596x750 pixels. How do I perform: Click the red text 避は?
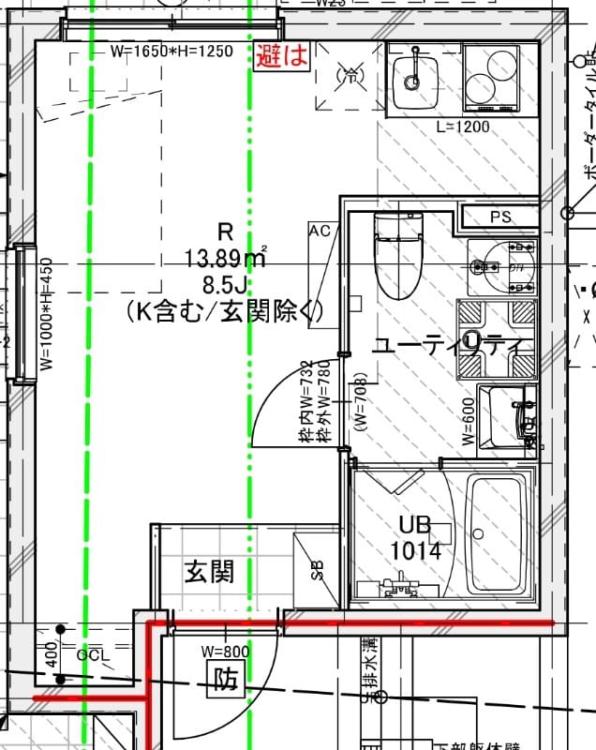pos(282,55)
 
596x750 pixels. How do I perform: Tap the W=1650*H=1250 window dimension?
pos(171,52)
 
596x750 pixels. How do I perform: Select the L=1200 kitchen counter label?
pos(463,127)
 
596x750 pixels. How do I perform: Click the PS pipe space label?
pos(500,217)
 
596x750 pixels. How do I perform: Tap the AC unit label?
pos(320,231)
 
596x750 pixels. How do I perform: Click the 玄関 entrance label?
pos(208,571)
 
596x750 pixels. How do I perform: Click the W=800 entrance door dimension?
pos(226,651)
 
